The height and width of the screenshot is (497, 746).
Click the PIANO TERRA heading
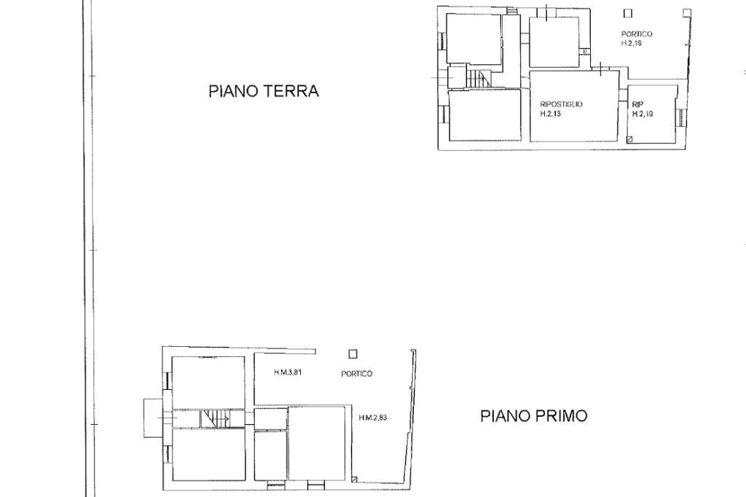click(x=263, y=92)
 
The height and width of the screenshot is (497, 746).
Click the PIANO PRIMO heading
click(x=533, y=416)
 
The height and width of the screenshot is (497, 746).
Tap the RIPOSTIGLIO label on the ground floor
click(x=561, y=104)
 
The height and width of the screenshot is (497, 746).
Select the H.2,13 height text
click(x=551, y=114)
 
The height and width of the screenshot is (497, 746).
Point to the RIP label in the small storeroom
click(x=637, y=104)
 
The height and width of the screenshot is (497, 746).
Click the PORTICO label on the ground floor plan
click(x=636, y=34)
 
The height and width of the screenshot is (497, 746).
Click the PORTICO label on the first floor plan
click(x=356, y=374)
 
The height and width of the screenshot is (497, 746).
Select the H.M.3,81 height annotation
click(x=288, y=373)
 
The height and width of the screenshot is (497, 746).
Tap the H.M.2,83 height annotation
click(x=373, y=418)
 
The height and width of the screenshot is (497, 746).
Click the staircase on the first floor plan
click(x=216, y=418)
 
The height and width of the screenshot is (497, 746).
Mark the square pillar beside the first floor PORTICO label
click(x=353, y=354)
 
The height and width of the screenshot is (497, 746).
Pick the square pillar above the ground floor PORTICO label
click(x=628, y=12)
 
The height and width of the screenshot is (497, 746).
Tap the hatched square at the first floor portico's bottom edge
click(x=353, y=480)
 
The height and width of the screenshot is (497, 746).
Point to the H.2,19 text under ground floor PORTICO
click(x=631, y=43)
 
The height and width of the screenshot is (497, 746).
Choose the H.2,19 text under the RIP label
click(x=643, y=114)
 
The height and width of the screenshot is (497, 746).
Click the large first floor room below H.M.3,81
click(x=317, y=443)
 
